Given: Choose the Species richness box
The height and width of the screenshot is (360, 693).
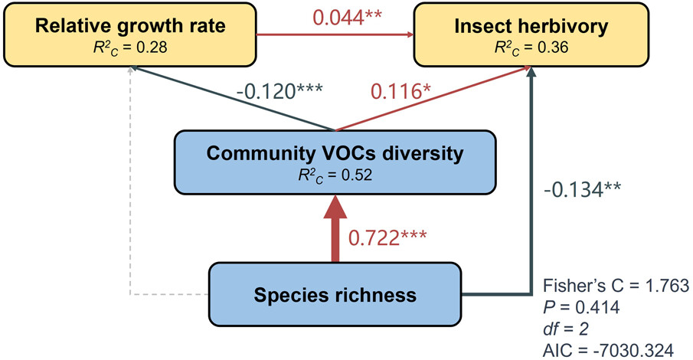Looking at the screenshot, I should tap(335, 293).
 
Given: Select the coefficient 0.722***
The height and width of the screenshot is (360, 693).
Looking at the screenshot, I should tap(396, 238).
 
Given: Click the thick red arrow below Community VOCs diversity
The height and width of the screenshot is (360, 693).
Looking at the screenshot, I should tap(335, 230).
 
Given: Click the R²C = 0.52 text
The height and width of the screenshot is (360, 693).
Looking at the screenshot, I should tap(335, 174).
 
